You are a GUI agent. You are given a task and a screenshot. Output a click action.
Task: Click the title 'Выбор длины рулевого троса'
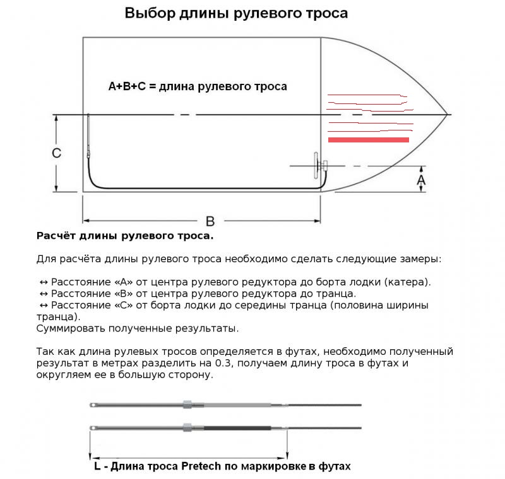pyautogui.click(x=236, y=13)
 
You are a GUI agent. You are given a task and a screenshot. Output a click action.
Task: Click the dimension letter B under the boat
pyautogui.click(x=210, y=221)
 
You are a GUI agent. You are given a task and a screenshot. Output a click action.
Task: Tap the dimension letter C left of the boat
pyautogui.click(x=56, y=153)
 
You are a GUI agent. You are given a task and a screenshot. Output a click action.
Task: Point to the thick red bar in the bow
pyautogui.click(x=368, y=139)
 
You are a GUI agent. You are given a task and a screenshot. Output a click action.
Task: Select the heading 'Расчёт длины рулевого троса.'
pyautogui.click(x=125, y=236)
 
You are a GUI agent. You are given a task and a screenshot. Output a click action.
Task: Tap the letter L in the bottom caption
pyautogui.click(x=96, y=466)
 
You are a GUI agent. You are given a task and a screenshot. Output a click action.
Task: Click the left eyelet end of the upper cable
pyautogui.click(x=93, y=404)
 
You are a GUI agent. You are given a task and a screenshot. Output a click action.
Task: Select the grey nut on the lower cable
pyautogui.click(x=187, y=428)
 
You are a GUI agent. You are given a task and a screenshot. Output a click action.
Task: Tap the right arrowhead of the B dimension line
pyautogui.click(x=318, y=221)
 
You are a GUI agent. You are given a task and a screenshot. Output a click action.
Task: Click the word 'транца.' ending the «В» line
pyautogui.click(x=336, y=294)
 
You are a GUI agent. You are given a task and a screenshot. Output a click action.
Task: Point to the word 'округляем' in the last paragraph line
pyautogui.click(x=65, y=375)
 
